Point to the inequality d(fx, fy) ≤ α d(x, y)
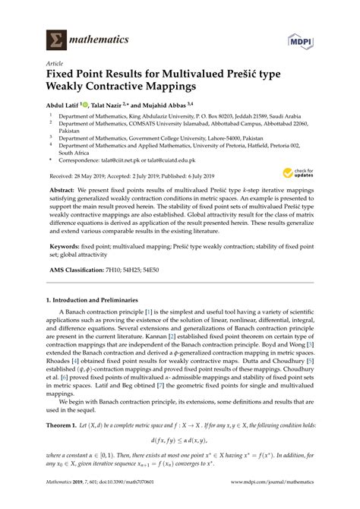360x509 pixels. [179, 460]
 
